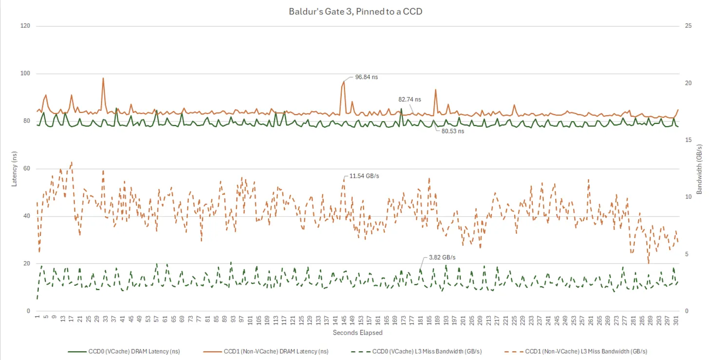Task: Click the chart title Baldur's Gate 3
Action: [355, 11]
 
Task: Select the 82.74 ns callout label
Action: [410, 99]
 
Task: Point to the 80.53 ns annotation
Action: [453, 131]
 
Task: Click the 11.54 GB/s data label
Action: [364, 175]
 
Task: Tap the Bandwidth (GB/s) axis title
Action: [699, 168]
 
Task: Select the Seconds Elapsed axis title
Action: [357, 333]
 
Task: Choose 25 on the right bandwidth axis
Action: [688, 26]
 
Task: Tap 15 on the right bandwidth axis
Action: [688, 140]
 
